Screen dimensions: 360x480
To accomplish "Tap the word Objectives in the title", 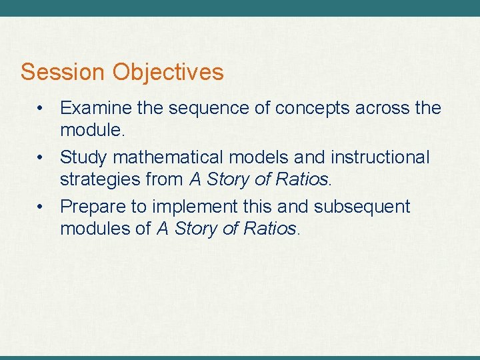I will pos(168,72).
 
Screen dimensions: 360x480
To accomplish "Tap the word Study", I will pos(83,158).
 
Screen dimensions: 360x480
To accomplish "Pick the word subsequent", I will pos(362,207).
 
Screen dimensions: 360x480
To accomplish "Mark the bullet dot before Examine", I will pos(41,108).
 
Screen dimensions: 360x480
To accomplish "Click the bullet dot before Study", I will pos(41,158).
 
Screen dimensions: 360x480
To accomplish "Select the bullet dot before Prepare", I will pos(41,207).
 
